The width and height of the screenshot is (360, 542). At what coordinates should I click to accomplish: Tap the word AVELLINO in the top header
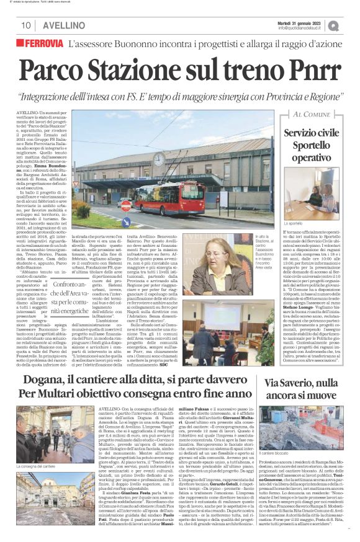65,25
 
